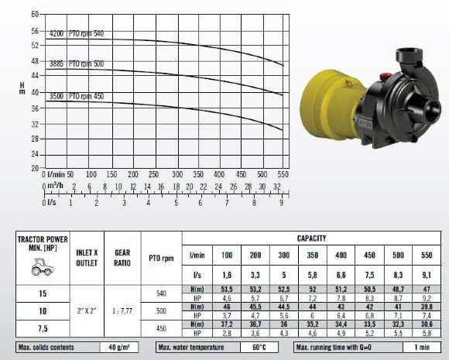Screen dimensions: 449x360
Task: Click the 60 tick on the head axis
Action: (x=35, y=14)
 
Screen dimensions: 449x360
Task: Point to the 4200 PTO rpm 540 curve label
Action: (x=77, y=33)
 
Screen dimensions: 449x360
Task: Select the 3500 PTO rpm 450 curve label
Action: (x=77, y=96)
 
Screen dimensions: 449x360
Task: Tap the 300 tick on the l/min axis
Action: (x=177, y=174)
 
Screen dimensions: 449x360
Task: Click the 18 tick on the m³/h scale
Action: (x=176, y=187)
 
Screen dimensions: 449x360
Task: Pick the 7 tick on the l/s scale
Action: (x=227, y=203)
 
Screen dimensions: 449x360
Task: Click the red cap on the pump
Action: (x=386, y=77)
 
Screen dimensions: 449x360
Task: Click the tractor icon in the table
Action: (x=43, y=266)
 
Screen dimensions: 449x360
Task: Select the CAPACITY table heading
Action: (x=311, y=238)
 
